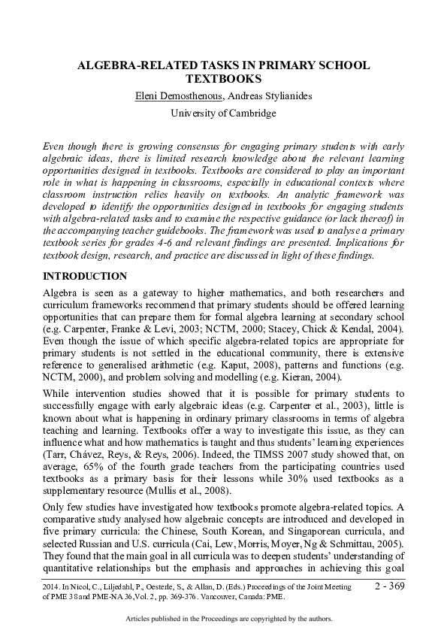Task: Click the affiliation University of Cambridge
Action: [x=223, y=113]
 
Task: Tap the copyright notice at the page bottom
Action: [x=223, y=619]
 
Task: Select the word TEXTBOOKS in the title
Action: [x=223, y=78]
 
